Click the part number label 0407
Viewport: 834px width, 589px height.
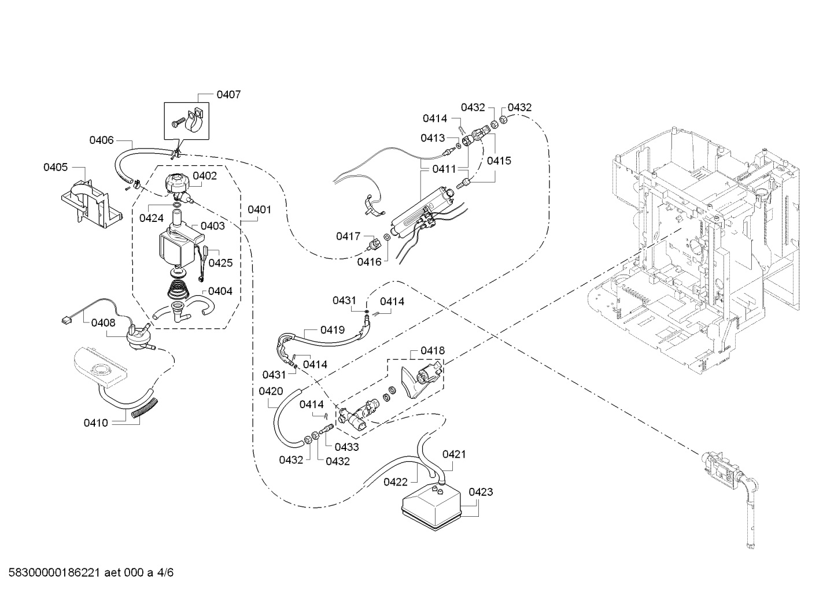pyautogui.click(x=228, y=95)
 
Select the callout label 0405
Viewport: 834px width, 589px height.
pyautogui.click(x=56, y=167)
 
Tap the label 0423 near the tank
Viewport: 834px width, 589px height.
pyautogui.click(x=481, y=492)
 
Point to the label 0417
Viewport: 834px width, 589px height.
pyautogui.click(x=348, y=236)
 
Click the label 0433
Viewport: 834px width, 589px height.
pyautogui.click(x=346, y=447)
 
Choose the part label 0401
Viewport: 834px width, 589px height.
pyautogui.click(x=260, y=209)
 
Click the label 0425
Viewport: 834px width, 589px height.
pyautogui.click(x=220, y=262)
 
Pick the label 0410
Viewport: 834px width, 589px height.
pyautogui.click(x=95, y=423)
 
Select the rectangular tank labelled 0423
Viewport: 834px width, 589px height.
pyautogui.click(x=431, y=507)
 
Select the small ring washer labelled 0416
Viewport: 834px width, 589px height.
pyautogui.click(x=387, y=237)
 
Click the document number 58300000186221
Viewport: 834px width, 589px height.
pyautogui.click(x=54, y=572)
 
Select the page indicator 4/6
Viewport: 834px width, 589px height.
pyautogui.click(x=165, y=572)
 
